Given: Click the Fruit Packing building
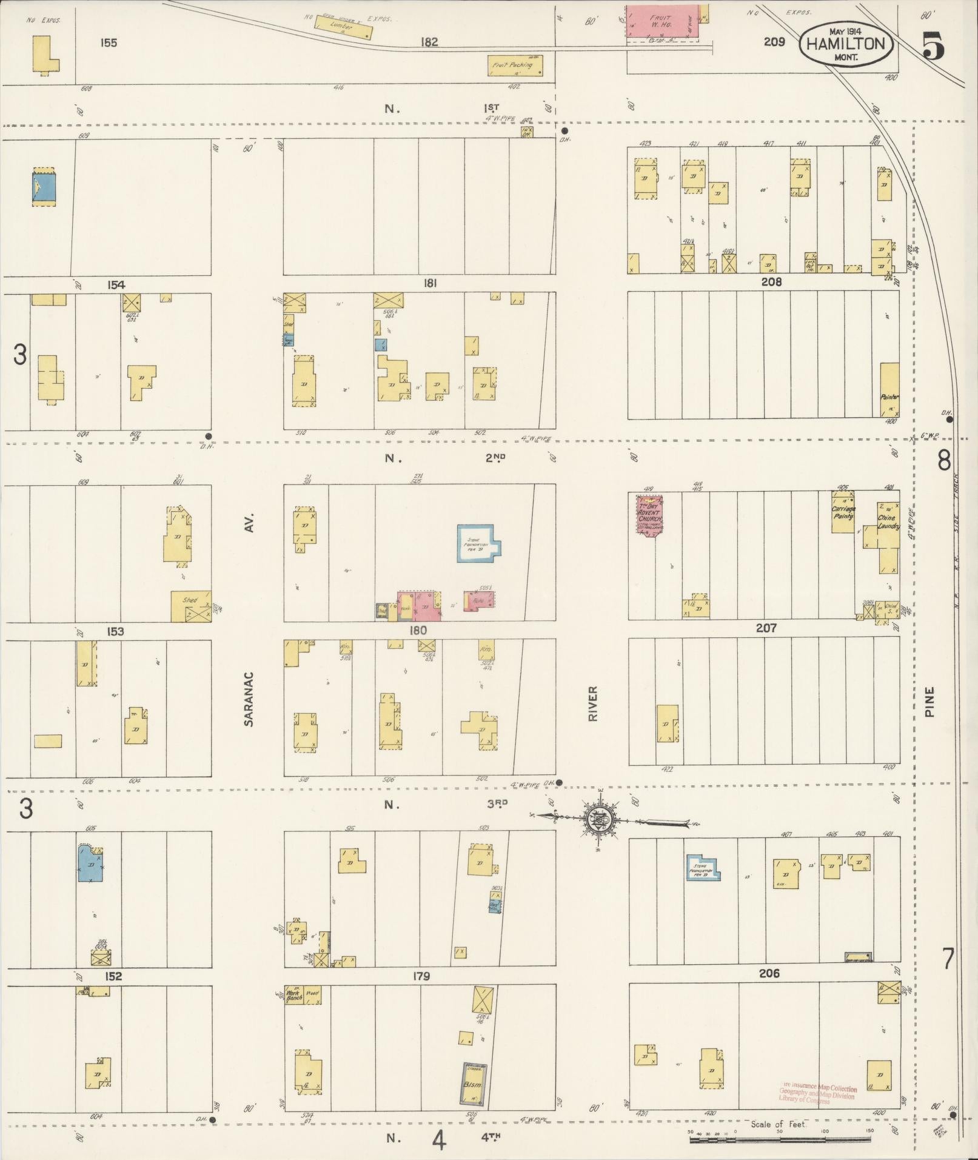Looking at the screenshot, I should point(515,65).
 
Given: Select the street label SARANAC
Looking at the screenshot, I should point(248,699).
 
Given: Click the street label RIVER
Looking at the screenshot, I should point(592,703).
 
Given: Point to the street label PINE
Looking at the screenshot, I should point(930,702).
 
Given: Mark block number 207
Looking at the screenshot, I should point(766,628).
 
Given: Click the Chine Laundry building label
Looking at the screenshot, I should point(888,522).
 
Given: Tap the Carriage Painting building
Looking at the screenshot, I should point(843,512).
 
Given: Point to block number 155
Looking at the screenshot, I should point(109,43).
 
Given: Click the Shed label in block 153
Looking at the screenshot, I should point(190,601).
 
